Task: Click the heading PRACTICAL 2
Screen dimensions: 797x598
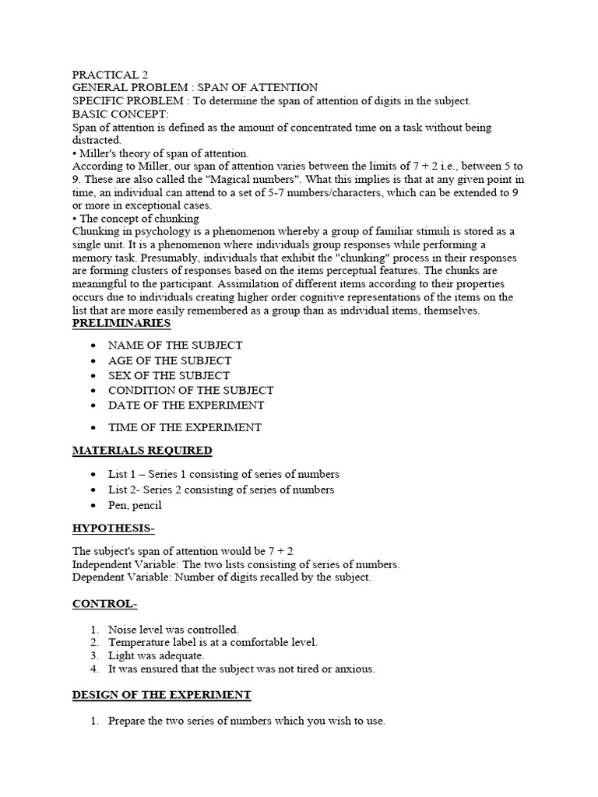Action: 110,75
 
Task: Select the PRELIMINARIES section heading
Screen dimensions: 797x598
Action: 121,323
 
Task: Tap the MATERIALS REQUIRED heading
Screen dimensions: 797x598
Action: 142,451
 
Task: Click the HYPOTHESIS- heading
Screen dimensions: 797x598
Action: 114,528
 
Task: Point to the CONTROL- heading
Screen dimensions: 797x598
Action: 104,604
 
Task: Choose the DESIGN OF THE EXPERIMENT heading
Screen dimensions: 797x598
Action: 161,694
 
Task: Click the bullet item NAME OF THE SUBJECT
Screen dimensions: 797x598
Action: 175,345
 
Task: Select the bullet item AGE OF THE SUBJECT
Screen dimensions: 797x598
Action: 170,360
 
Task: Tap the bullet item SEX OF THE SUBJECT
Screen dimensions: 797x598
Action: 169,375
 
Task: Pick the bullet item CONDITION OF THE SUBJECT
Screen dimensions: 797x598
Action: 191,390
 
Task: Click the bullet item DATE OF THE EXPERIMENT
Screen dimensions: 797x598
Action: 186,405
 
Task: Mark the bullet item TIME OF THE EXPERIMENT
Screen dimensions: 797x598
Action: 185,427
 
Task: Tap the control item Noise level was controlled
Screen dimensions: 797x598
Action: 174,629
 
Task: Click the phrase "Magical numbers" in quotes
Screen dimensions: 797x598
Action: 244,178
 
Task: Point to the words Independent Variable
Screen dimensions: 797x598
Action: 121,564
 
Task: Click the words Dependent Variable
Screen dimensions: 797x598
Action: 120,577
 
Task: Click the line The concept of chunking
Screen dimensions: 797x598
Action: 139,219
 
